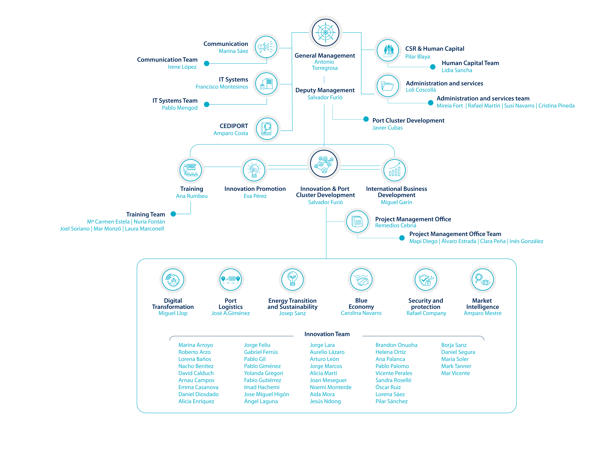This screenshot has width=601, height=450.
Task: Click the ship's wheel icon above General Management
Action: [x=325, y=32]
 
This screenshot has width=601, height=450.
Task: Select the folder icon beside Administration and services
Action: [x=388, y=86]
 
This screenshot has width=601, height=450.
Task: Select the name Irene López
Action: [x=182, y=67]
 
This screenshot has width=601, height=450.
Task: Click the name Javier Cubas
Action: [x=387, y=128]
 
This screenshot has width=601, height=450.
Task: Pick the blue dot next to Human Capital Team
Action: [x=433, y=67]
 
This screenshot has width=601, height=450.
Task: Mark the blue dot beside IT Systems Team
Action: [x=206, y=104]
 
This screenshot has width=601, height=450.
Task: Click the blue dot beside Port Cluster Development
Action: [x=366, y=119]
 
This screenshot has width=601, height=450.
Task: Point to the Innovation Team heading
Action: [x=327, y=334]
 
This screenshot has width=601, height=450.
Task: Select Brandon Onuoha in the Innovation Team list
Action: [x=396, y=345]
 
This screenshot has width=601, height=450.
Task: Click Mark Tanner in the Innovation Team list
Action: [x=456, y=366]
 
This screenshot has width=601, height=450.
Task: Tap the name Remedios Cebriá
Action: [x=396, y=225]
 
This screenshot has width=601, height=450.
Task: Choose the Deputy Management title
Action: [x=325, y=90]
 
